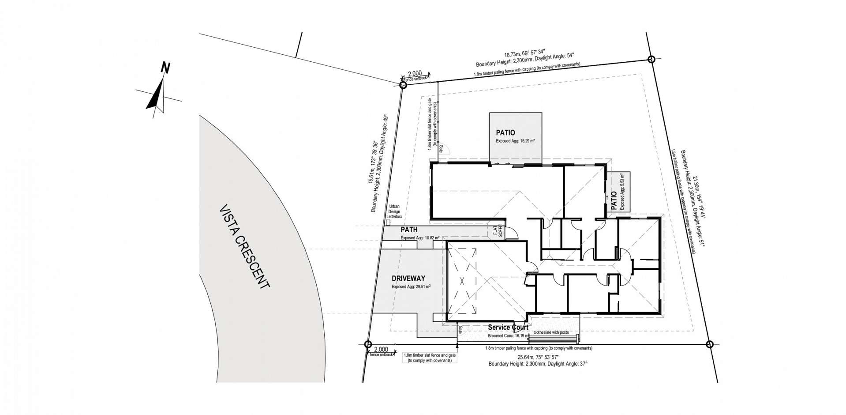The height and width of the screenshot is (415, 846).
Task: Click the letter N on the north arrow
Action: point(165,68)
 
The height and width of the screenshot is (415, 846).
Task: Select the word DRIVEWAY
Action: point(408,279)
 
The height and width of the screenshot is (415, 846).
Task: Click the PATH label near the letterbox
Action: point(409,230)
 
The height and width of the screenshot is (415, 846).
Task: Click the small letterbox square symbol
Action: point(388,222)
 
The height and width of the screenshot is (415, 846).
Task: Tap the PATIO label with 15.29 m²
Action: point(505,132)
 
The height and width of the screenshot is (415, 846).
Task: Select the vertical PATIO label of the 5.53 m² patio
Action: point(614,200)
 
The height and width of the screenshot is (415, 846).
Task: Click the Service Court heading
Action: point(508,328)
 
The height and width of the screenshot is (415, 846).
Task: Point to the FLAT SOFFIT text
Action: point(498,232)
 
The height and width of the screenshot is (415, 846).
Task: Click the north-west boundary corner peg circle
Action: point(402,85)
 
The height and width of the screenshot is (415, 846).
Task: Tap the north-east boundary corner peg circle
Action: point(651,59)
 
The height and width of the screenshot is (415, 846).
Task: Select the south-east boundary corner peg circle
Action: point(709,344)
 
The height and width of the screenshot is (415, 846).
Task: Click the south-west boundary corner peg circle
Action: point(368,344)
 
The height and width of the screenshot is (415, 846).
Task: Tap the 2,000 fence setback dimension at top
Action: point(415,74)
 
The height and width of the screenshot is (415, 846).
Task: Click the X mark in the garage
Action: point(462,281)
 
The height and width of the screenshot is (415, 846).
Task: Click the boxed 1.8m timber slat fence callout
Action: point(430,358)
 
